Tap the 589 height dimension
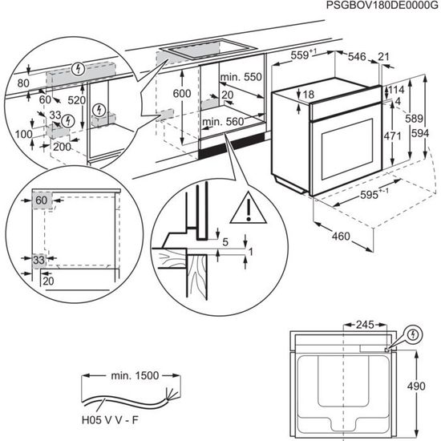(413, 119)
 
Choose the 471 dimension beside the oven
(392, 136)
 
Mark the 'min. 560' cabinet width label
(221, 122)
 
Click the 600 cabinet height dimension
(182, 93)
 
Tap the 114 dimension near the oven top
(397, 89)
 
